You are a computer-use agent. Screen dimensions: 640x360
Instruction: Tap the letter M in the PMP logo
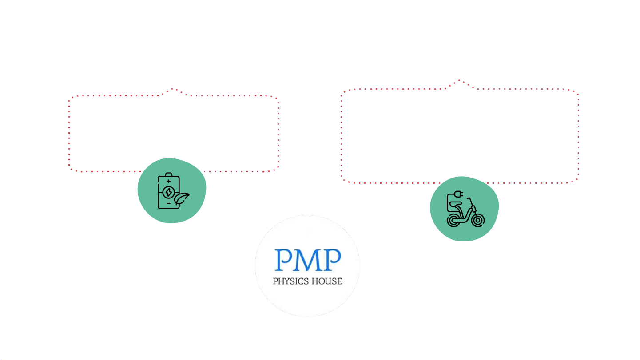coord(308,260)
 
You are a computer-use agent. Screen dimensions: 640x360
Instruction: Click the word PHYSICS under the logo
coord(291,281)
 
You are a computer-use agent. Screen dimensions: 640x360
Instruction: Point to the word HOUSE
coord(327,281)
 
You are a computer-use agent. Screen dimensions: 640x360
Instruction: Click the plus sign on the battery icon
coord(169,181)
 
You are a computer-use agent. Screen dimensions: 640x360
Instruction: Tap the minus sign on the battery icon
coord(169,203)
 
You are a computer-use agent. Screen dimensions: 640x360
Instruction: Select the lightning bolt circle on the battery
coord(169,192)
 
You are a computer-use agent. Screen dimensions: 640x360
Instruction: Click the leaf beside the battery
coord(181,198)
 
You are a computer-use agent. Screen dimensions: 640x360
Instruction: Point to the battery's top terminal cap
coord(169,174)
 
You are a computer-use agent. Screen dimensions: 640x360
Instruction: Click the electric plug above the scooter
coord(458,194)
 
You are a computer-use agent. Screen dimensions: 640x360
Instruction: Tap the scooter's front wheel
coord(478,221)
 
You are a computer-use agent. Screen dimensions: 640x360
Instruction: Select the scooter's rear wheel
coord(453,221)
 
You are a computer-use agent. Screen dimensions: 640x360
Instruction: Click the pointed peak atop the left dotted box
coord(173,89)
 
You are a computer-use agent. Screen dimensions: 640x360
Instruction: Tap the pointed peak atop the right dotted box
coord(459,80)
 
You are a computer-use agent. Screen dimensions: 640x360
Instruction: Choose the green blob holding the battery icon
coord(172,190)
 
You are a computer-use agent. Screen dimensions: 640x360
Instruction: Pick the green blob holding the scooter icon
coord(464,209)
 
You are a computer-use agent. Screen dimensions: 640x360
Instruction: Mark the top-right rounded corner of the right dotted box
coord(576,92)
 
